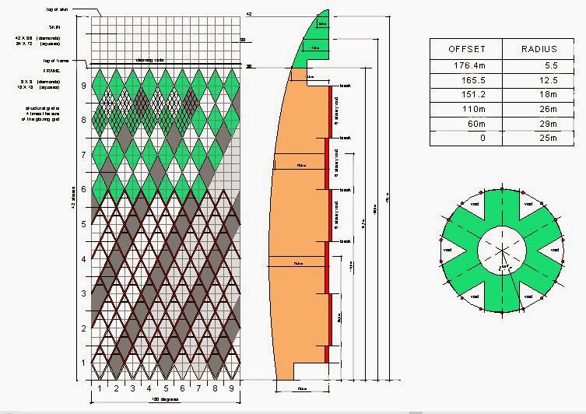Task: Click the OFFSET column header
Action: click(468, 49)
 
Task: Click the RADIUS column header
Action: click(538, 49)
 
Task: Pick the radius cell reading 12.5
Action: click(544, 80)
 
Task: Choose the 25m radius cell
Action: click(545, 138)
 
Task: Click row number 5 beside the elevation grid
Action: click(83, 224)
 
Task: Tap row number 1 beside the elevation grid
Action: click(83, 363)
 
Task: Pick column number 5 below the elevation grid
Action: click(166, 388)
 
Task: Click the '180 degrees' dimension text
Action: click(164, 399)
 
